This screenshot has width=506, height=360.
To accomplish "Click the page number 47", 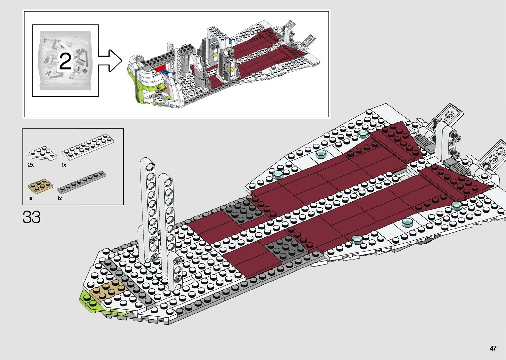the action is (493, 348).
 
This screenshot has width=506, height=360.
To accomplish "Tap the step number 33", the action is (32, 217).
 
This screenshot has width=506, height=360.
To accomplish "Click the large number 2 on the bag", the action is (65, 61).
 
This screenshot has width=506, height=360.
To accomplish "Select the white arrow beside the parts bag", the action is (110, 60).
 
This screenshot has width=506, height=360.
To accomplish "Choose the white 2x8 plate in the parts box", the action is (88, 147).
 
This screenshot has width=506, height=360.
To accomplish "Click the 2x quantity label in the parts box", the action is (31, 165).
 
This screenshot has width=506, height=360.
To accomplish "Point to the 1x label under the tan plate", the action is (30, 198).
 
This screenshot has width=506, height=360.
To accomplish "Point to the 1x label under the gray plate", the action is (60, 198).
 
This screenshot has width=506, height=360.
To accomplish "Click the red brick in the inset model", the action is (160, 68).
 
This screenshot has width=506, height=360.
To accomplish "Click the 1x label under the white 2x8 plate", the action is (64, 165).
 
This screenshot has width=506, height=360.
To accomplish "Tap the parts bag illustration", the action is (65, 60).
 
